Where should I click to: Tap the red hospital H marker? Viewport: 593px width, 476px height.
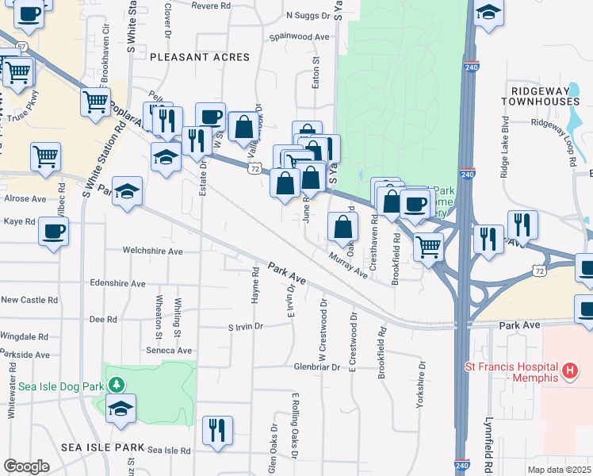568,370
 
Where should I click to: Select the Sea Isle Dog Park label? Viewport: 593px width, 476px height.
62,386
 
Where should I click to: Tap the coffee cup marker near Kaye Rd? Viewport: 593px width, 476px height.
53,232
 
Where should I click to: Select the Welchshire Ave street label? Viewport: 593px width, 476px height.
152,251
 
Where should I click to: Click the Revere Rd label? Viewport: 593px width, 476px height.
210,6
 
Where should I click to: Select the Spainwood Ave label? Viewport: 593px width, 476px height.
299,37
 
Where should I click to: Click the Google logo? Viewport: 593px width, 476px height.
26,466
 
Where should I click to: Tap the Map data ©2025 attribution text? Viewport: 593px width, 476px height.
559,470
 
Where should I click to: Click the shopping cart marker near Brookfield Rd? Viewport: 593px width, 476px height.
429,247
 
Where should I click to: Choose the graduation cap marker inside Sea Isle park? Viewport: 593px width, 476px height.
121,408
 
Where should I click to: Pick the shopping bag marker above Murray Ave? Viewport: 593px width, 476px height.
342,228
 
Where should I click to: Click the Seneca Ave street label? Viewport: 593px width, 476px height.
168,350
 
